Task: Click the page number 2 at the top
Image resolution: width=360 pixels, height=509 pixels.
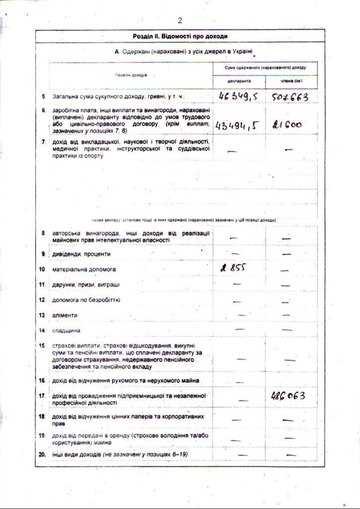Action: (x=180, y=20)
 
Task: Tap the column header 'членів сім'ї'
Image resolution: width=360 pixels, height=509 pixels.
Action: (x=292, y=81)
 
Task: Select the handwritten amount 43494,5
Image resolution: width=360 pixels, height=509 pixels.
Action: (x=238, y=125)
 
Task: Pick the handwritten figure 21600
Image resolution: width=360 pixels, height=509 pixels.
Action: (x=287, y=125)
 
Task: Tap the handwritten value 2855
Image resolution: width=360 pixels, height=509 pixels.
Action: (x=233, y=268)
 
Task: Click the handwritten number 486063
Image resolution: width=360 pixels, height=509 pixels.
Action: (x=287, y=396)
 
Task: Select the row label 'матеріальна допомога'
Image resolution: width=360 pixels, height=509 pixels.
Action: (x=84, y=269)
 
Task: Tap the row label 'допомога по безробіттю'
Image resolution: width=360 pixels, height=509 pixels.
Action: (x=86, y=300)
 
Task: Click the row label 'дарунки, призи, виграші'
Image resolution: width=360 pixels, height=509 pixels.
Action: (x=86, y=284)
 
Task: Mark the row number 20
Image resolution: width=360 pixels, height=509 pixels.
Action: (x=43, y=455)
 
